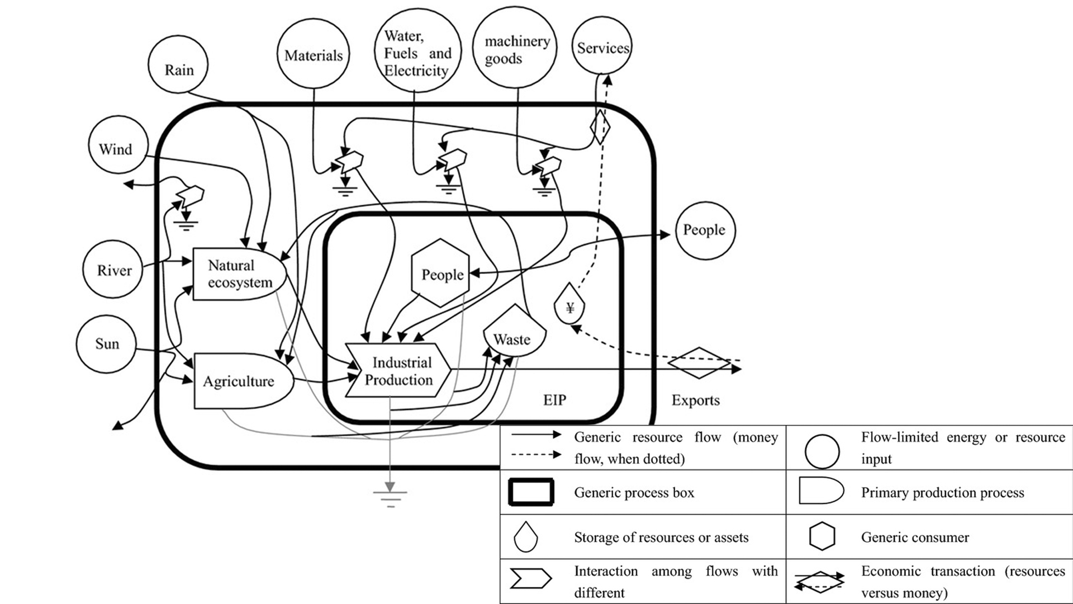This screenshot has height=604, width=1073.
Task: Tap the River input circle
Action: (x=112, y=270)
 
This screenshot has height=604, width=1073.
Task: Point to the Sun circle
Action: (x=106, y=343)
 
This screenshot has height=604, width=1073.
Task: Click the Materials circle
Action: (x=313, y=54)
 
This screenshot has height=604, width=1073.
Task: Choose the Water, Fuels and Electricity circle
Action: (x=417, y=51)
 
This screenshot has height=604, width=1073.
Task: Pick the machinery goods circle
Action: (x=515, y=48)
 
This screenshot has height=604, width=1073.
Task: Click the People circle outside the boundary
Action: (x=705, y=230)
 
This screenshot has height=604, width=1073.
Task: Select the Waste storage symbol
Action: (x=514, y=333)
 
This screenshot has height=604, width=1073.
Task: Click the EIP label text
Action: (x=554, y=400)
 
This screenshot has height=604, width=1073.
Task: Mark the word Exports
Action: (x=695, y=400)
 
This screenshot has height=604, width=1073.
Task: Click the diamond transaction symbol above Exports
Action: (x=699, y=363)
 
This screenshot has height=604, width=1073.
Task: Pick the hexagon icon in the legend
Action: (x=822, y=536)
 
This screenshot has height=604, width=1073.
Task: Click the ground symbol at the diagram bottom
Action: (x=390, y=496)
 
